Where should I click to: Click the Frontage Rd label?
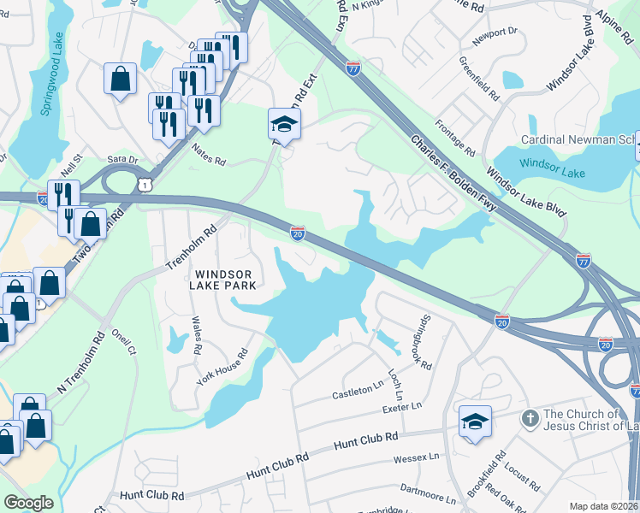457,137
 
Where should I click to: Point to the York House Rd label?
221,367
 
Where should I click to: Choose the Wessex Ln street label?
416,458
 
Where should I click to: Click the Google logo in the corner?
27,503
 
